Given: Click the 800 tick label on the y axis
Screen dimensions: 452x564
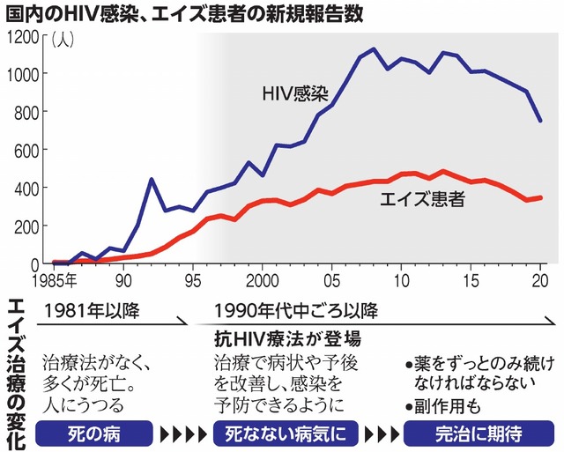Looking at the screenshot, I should [x=25, y=113].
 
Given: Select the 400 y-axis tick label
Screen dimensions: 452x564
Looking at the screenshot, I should [x=25, y=189].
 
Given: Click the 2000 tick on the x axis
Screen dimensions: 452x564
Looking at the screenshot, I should [x=263, y=280].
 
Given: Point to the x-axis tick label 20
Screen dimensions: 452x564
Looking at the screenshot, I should [x=541, y=280].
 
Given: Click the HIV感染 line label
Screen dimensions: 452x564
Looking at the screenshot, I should [x=293, y=93].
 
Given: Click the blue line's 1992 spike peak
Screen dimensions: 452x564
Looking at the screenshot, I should [x=152, y=180].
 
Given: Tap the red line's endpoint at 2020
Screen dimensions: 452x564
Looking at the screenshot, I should [x=541, y=197].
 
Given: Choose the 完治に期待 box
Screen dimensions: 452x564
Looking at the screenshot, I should [x=479, y=434].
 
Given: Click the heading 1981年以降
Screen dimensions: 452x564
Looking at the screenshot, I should [x=92, y=310].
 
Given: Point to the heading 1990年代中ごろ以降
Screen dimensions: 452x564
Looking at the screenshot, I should [x=296, y=310].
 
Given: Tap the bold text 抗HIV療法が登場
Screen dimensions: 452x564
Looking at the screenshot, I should [x=288, y=337].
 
